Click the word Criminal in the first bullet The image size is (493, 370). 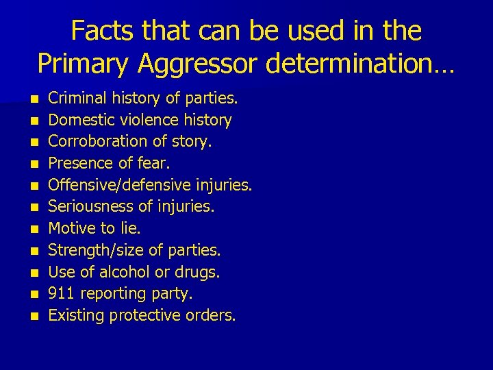[75, 99]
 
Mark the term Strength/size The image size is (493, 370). [90, 251]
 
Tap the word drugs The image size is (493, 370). [198, 273]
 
